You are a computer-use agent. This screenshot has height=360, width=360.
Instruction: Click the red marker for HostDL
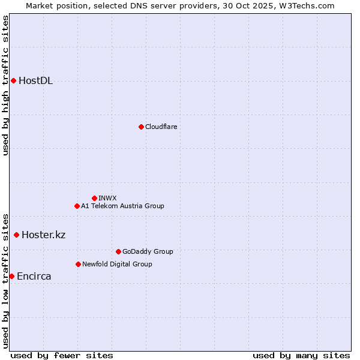[x=13, y=80]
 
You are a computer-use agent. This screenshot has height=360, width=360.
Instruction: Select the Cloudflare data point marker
[x=141, y=127]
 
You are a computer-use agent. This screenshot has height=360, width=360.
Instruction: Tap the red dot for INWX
[x=94, y=198]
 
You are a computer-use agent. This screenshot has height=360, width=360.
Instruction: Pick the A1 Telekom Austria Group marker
[x=77, y=206]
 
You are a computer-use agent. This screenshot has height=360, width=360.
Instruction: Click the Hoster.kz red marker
[x=16, y=235]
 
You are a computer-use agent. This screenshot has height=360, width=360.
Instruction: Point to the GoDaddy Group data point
[x=118, y=251]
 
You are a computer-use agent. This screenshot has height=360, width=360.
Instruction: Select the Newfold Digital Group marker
[x=78, y=264]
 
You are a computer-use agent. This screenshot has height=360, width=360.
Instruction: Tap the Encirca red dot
[x=11, y=276]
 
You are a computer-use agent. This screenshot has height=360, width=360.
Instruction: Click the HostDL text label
[x=36, y=81]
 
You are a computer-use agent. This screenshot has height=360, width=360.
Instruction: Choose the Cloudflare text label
[x=161, y=127]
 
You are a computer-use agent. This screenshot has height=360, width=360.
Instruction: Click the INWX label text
[x=107, y=198]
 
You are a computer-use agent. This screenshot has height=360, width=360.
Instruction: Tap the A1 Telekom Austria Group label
[x=122, y=206]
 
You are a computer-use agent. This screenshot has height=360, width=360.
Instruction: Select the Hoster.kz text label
[x=43, y=235]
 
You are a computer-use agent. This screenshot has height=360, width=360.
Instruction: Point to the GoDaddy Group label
[x=148, y=251]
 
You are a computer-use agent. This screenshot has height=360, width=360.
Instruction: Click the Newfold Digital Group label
[x=117, y=264]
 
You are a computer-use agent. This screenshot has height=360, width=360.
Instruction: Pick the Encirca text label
[x=34, y=277]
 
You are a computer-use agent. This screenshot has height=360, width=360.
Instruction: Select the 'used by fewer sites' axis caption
[x=62, y=355]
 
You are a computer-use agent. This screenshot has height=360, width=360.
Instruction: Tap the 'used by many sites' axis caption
[x=301, y=355]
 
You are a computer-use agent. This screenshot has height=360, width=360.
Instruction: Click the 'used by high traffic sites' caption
[x=5, y=85]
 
